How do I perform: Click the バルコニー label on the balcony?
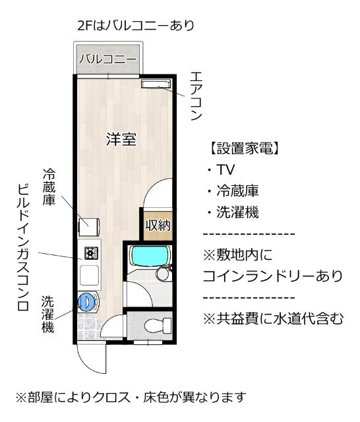pos(108,59)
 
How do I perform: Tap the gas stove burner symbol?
pos(89,252)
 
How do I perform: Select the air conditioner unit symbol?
pos(156,84)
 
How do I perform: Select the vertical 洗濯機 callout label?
pos(47,313)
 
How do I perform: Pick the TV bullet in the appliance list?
pos(222,170)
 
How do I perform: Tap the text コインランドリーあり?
pos(272,274)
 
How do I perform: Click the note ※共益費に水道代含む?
pos(273,318)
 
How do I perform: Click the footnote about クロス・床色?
pos(131,397)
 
